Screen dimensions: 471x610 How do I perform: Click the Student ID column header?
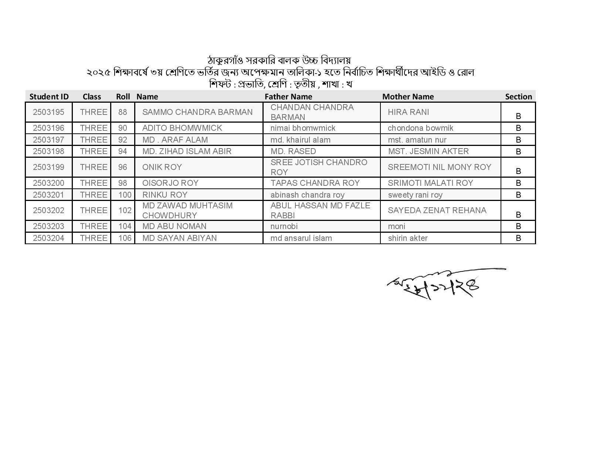coord(49,97)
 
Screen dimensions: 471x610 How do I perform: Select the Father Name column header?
coord(288,97)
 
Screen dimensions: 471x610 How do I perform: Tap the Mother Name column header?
coord(408,97)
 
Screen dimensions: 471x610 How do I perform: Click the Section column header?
coord(518,97)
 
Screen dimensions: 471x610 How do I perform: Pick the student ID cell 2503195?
coord(48,112)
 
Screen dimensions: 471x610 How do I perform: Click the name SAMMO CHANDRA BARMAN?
coord(197,112)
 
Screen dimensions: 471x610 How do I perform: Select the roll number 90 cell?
coord(123,128)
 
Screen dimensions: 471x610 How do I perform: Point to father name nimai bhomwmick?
coord(303,128)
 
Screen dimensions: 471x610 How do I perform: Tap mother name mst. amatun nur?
coord(417,140)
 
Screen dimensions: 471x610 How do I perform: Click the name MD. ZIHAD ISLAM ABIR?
coord(187,151)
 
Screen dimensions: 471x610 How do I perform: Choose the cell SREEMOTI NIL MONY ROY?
coord(439,167)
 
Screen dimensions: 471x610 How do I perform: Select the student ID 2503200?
coord(48,183)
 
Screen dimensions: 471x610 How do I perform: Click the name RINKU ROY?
coord(165,195)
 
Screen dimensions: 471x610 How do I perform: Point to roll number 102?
coord(125,211)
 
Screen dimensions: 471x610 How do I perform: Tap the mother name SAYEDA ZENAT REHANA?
coord(437,211)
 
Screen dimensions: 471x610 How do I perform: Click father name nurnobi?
coord(284,226)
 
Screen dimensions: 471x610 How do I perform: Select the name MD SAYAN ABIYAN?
coord(179,238)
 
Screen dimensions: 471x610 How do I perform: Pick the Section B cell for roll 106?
coord(518,238)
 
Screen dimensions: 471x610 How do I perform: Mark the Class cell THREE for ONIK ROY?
coord(94,167)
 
